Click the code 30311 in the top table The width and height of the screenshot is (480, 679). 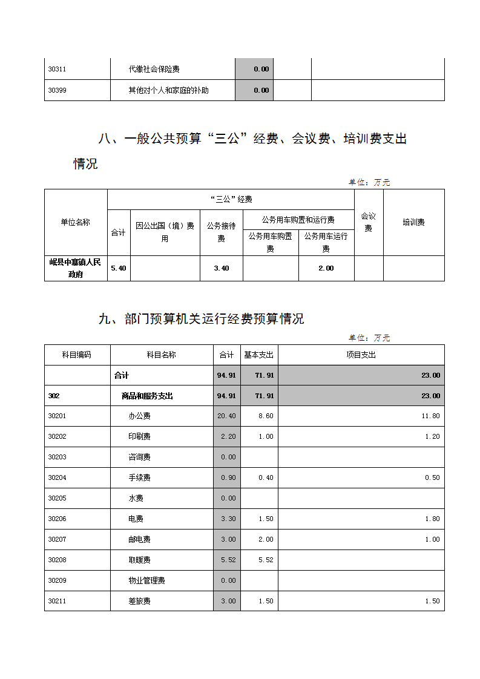(x=57, y=69)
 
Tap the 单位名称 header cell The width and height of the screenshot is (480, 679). (x=75, y=222)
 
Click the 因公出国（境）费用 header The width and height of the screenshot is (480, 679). (x=165, y=232)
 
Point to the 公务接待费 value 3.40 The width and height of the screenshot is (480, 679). (x=222, y=268)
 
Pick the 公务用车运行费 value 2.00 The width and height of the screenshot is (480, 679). (x=326, y=268)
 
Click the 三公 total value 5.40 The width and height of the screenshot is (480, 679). (x=119, y=268)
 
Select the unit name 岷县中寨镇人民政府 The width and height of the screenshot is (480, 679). (x=76, y=268)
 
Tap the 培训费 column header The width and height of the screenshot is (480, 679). (x=413, y=222)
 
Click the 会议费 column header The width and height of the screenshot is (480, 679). (x=368, y=222)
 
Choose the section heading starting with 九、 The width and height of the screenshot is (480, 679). (x=201, y=319)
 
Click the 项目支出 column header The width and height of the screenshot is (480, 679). (x=361, y=355)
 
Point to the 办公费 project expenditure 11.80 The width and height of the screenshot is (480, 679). (x=430, y=416)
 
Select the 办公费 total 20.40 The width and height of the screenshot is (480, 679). (x=226, y=416)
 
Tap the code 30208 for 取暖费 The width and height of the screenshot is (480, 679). (x=57, y=560)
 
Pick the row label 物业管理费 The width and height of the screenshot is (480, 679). (x=146, y=580)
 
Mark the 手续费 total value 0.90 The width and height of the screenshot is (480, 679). (x=228, y=477)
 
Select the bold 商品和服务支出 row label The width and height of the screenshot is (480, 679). (x=147, y=396)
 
